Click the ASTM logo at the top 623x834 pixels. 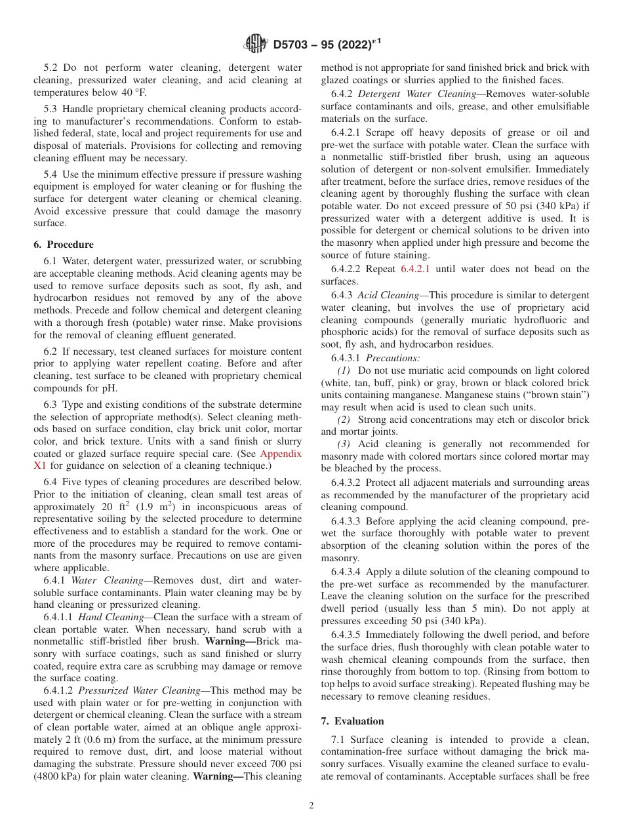(255, 44)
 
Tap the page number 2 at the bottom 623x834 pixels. (311, 806)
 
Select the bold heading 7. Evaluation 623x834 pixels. (352, 721)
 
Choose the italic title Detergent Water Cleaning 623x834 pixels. (417, 94)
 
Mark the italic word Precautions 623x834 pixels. (393, 358)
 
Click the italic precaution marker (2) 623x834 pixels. (344, 420)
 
